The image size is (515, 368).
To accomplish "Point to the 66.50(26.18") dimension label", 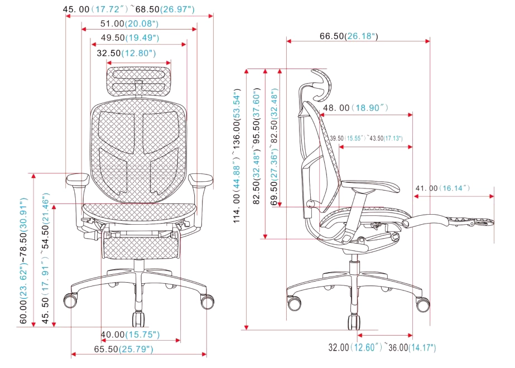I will click(x=349, y=36).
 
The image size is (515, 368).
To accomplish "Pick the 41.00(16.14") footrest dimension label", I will click(x=442, y=188).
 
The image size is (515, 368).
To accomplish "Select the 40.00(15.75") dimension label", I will click(x=130, y=335).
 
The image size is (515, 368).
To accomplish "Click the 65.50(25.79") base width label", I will click(x=123, y=349).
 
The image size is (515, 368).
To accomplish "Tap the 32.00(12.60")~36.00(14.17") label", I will click(x=382, y=348).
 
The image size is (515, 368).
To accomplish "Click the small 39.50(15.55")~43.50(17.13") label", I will click(x=366, y=138).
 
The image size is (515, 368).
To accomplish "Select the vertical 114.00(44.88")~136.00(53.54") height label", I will click(x=238, y=156).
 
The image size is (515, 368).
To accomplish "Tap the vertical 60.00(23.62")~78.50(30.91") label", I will click(x=23, y=261).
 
